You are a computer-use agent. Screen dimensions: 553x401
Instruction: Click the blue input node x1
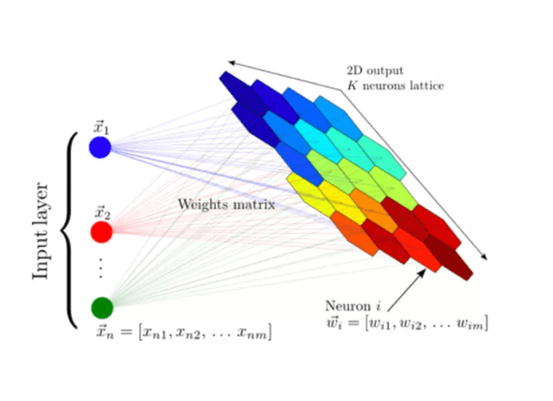pos(100,147)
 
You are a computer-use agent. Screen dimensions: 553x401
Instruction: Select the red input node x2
pos(102,232)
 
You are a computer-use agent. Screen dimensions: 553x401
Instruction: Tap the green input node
pos(102,308)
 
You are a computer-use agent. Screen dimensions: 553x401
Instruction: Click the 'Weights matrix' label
pos(226,205)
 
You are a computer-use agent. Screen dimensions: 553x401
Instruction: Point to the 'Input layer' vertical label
pos(41,231)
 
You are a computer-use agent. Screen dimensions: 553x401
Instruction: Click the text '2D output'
pos(375,71)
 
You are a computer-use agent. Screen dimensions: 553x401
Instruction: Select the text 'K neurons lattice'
pos(396,86)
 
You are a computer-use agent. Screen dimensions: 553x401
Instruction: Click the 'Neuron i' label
pos(353,306)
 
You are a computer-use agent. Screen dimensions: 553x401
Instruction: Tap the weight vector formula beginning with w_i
pos(407,323)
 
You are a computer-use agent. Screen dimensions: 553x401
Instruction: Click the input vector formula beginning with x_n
pos(184,332)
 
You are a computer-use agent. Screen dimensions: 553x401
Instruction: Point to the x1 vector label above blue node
pos(101,127)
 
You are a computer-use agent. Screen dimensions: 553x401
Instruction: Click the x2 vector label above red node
pos(102,213)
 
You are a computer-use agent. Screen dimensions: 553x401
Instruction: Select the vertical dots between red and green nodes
pos(101,268)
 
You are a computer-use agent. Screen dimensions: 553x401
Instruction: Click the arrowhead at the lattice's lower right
pos(484,257)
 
